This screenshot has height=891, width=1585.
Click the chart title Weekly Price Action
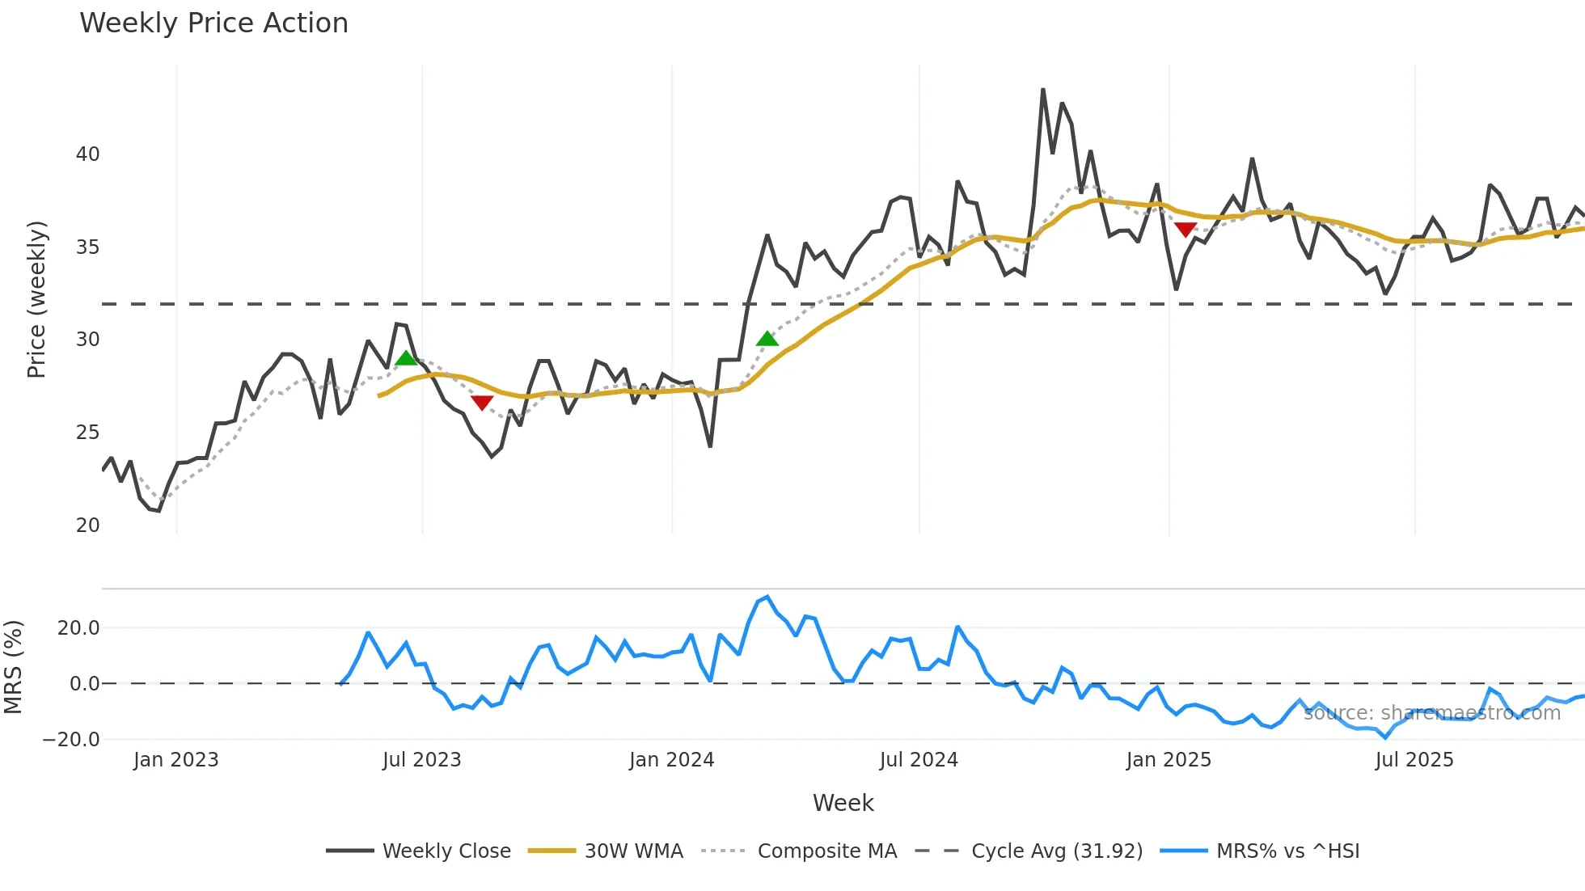click(213, 23)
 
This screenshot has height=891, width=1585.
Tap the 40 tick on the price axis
click(87, 154)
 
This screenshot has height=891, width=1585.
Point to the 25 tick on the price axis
click(87, 433)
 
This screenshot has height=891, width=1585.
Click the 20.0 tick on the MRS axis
click(78, 628)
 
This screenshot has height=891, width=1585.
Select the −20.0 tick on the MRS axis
click(71, 740)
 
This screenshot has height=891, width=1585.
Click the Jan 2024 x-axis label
click(671, 760)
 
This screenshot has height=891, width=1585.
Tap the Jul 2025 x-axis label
click(1414, 760)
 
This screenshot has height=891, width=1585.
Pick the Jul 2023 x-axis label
click(421, 760)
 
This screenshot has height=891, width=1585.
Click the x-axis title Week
click(843, 803)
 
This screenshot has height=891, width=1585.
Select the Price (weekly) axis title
click(37, 299)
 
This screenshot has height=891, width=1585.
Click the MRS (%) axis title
click(13, 667)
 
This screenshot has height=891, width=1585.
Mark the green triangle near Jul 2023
click(406, 358)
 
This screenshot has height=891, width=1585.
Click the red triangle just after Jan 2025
click(1185, 230)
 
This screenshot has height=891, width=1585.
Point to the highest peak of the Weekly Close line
click(1042, 90)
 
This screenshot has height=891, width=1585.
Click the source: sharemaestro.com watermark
click(1431, 713)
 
